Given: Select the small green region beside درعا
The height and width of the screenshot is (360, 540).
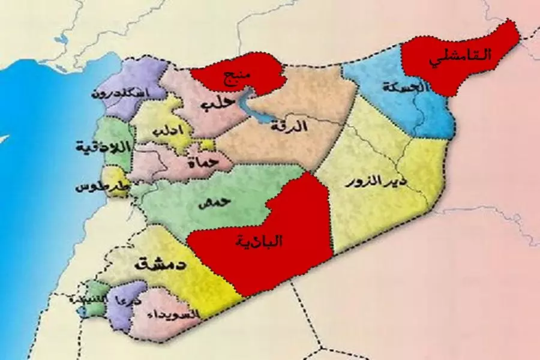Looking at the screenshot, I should (98, 291).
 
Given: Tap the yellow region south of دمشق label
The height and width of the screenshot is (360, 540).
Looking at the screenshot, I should (210, 294).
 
